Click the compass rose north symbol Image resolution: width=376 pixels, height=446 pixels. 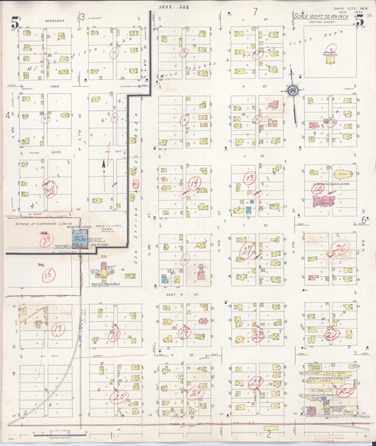pyautogui.click(x=291, y=90)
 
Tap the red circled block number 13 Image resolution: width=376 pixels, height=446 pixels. pyautogui.click(x=249, y=178)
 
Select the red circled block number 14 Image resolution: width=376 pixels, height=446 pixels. pyautogui.click(x=194, y=183)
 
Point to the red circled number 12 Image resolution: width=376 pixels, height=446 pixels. pyautogui.click(x=317, y=190)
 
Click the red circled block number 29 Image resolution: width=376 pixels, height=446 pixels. pyautogui.click(x=46, y=240)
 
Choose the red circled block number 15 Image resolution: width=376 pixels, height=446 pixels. pyautogui.click(x=48, y=275)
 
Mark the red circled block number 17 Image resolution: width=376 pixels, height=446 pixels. pyautogui.click(x=59, y=328)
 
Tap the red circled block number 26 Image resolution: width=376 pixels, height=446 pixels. pyautogui.click(x=340, y=248)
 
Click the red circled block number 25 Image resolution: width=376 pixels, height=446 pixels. pyautogui.click(x=118, y=396)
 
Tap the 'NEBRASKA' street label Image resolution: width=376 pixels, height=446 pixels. pyautogui.click(x=54, y=21)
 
